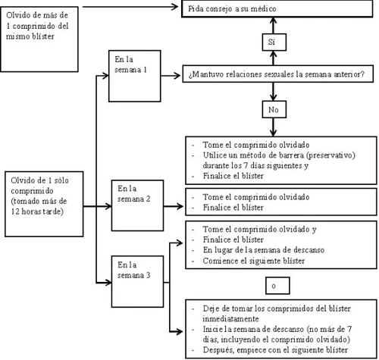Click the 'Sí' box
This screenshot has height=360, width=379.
[274, 42]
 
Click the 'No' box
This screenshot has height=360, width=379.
[274, 109]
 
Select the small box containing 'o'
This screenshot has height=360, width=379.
[277, 286]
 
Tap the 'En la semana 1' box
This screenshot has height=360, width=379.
[135, 76]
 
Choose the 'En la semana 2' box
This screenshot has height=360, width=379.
[137, 205]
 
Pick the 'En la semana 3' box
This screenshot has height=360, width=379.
[137, 281]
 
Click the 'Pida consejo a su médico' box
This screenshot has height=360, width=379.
[277, 9]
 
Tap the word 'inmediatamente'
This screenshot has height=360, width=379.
[230, 319]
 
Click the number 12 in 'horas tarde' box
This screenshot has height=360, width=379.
[15, 211]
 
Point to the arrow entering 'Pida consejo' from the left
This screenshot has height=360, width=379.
[130, 7]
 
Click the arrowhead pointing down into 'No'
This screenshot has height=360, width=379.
[273, 97]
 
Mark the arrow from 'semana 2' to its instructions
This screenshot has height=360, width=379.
[174, 206]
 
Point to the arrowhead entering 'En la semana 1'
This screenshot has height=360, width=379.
[105, 76]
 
